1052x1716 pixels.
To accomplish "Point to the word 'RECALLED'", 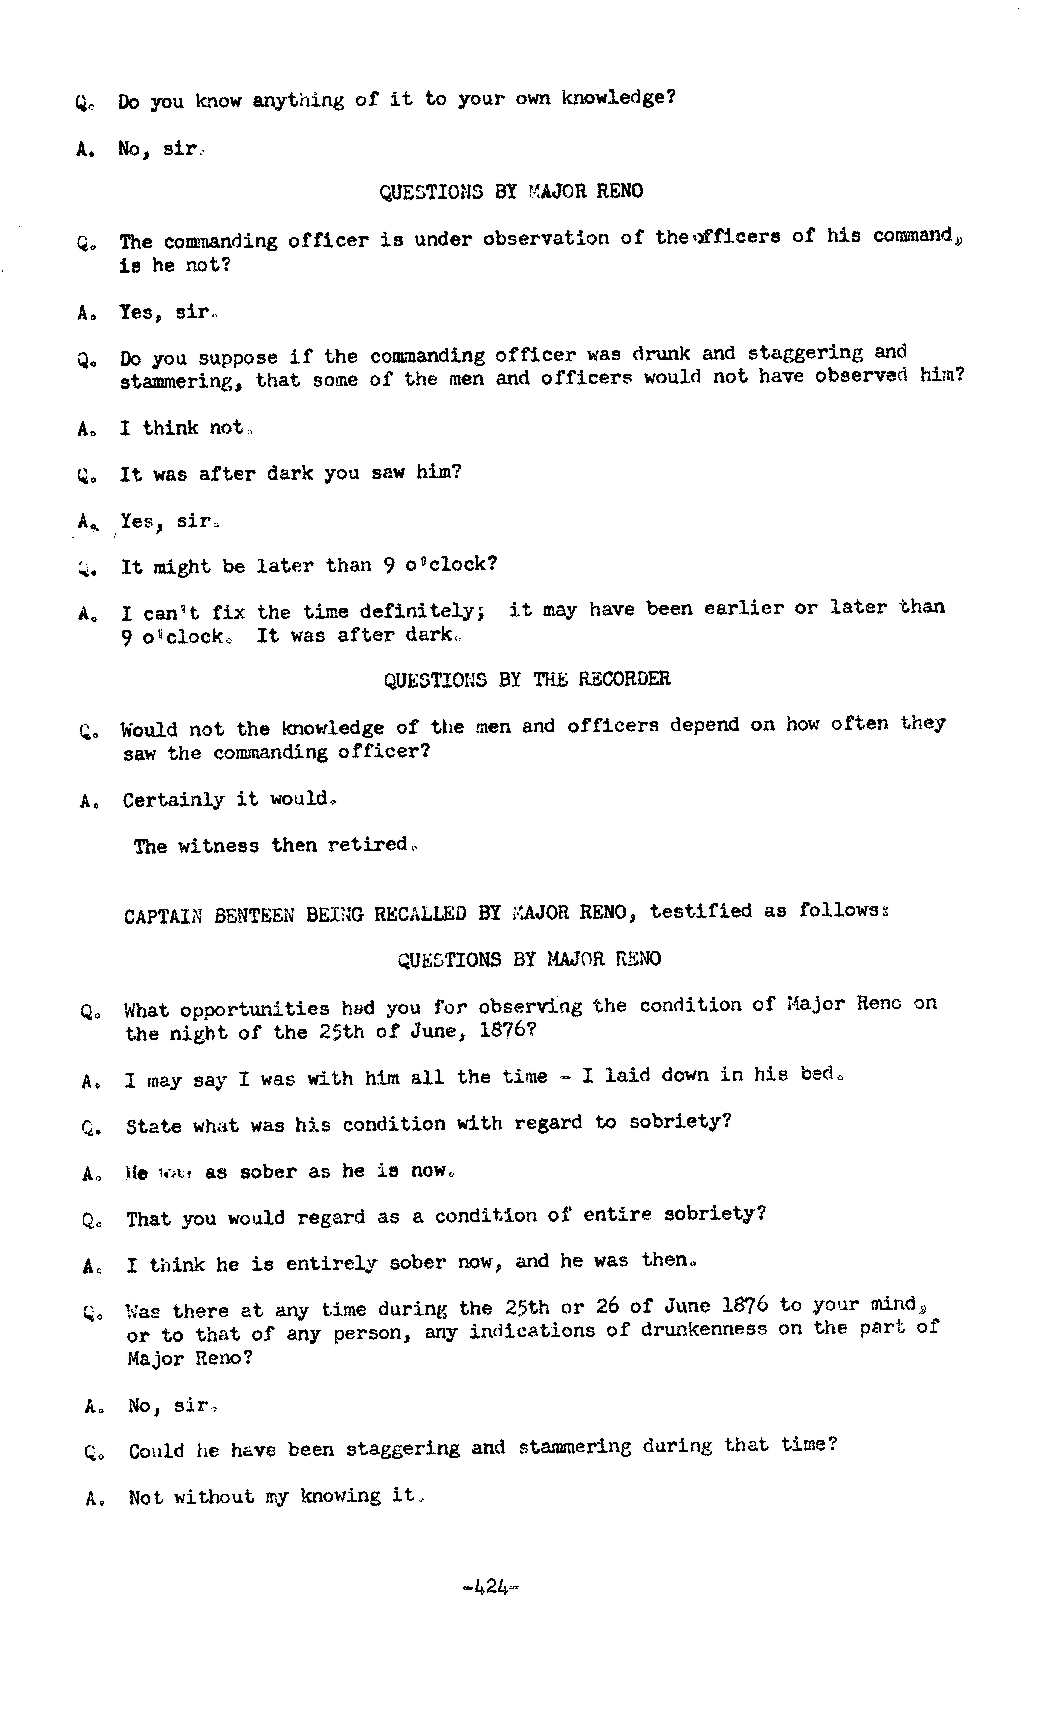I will tap(420, 913).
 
